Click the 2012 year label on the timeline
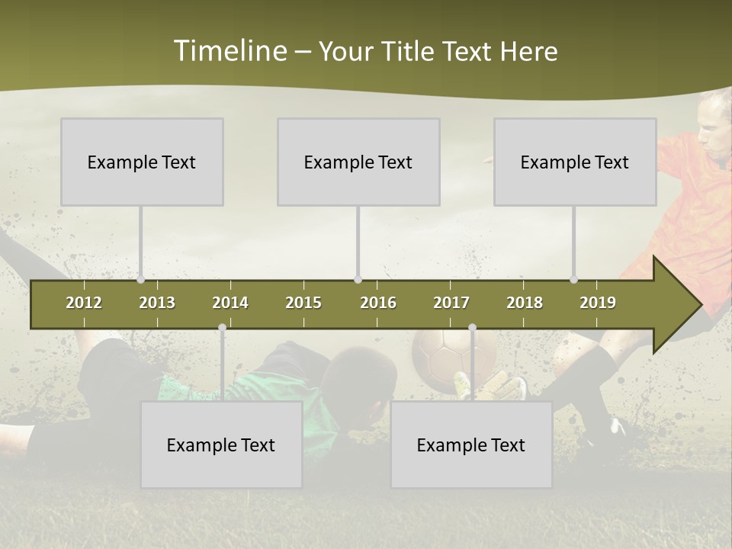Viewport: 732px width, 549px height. [84, 303]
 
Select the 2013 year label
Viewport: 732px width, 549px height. [157, 303]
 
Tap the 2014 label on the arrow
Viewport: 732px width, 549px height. [230, 303]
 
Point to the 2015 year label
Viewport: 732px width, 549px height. [303, 303]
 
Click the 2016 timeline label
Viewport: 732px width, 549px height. [378, 303]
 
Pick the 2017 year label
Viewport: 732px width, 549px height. [451, 303]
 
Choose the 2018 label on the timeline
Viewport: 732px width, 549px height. [525, 303]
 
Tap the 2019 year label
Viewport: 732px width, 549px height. [598, 303]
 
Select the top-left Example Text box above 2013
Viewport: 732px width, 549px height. [142, 162]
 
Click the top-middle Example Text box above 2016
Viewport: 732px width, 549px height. [358, 162]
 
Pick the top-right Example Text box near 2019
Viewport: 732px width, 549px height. [575, 162]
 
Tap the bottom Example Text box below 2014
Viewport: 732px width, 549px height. [221, 445]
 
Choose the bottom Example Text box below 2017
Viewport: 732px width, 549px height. [471, 445]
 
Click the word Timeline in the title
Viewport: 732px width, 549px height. [229, 51]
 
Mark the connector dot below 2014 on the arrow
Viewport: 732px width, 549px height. [222, 328]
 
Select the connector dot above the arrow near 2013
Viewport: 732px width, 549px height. [141, 280]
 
